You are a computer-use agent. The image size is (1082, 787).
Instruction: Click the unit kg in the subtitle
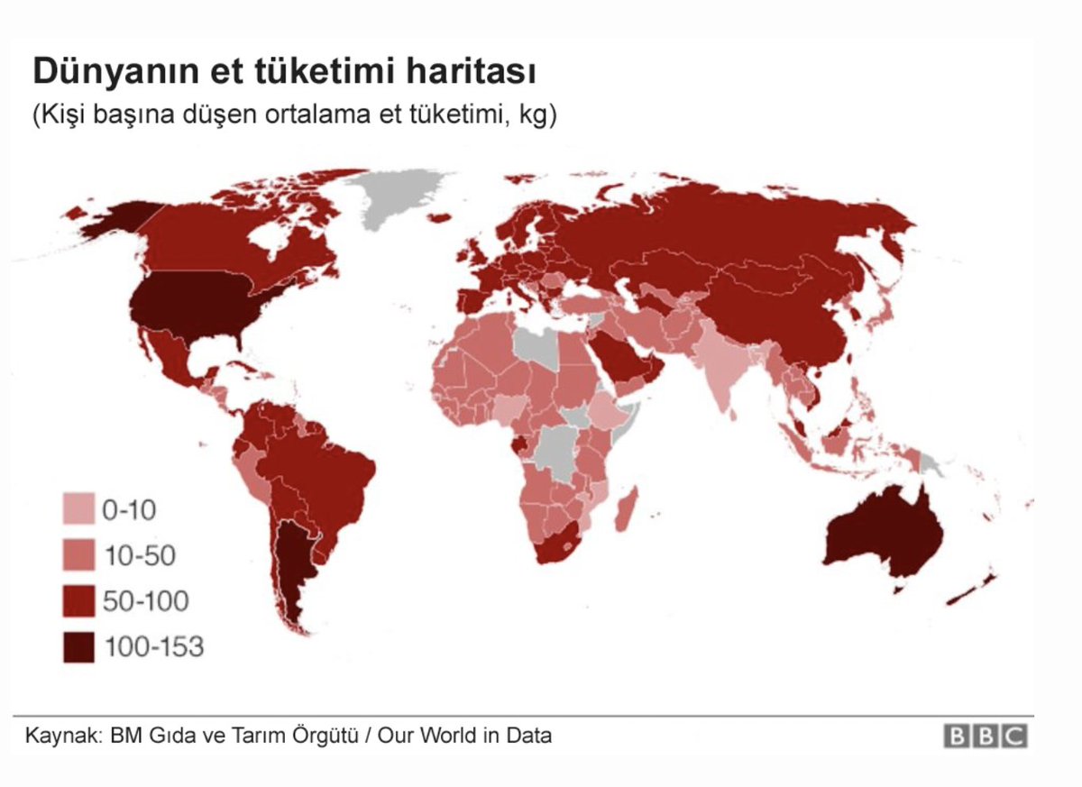pos(534,116)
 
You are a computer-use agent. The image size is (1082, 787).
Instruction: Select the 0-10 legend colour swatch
pos(78,510)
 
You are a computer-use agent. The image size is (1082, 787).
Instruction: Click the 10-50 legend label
pos(139,556)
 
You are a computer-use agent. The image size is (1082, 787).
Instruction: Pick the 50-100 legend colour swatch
pos(78,601)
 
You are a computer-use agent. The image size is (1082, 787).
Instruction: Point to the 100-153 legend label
pos(153,646)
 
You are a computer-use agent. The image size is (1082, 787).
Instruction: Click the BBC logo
pos(985,736)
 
